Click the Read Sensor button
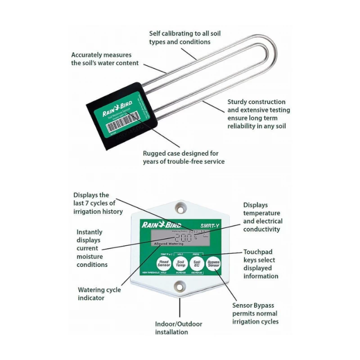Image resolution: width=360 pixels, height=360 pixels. (x=164, y=264)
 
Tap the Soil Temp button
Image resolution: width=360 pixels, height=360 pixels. (x=180, y=264)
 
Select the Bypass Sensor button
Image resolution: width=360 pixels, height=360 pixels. (x=213, y=264)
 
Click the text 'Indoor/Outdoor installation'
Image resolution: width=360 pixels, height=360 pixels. (x=179, y=328)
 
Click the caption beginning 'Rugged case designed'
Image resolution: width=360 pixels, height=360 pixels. (x=183, y=157)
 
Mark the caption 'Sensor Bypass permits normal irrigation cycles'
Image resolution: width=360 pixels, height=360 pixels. (x=255, y=313)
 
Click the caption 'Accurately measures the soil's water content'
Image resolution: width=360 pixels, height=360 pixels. (x=105, y=58)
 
